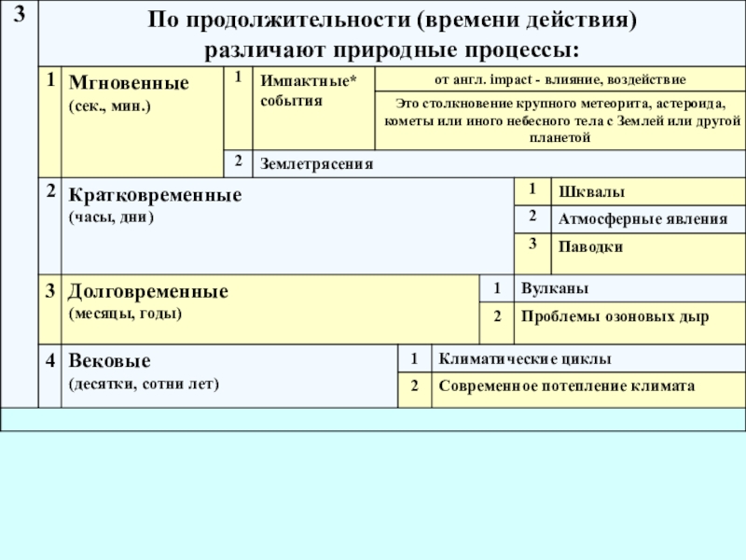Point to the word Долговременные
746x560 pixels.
(x=148, y=291)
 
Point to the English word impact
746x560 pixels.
(x=505, y=78)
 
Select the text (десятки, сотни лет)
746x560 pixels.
(x=144, y=384)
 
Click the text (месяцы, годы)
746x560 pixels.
(x=125, y=313)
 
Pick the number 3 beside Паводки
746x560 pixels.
(x=532, y=245)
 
